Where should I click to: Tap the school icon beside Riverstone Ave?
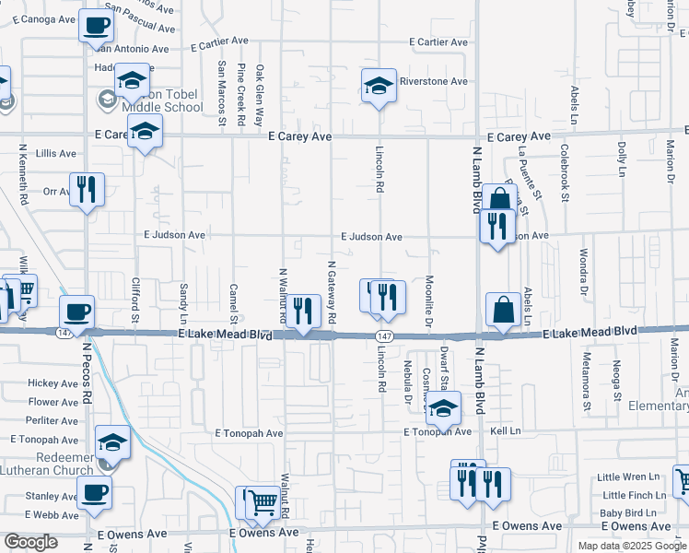pos(378,86)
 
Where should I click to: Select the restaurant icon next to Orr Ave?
pos(87,190)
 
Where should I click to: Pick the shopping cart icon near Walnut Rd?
pos(263,501)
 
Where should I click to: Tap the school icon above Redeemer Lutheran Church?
pos(112,443)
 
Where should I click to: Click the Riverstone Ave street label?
pos(433,81)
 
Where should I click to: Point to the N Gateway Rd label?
pos(331,291)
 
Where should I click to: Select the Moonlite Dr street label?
pos(429,300)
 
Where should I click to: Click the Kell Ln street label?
pos(506,431)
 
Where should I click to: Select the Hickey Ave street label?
pos(53,383)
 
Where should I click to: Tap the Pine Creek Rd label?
pos(240,94)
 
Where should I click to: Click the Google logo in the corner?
pos(31,541)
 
